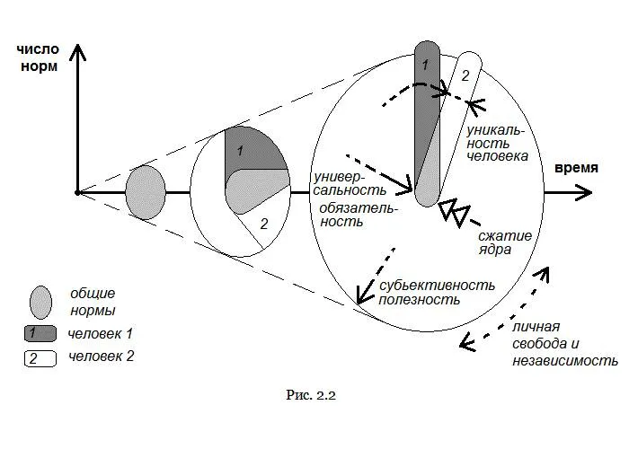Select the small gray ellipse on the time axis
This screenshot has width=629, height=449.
(x=146, y=192)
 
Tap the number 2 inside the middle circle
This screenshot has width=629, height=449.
(x=263, y=224)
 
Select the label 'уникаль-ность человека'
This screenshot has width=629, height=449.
(x=492, y=142)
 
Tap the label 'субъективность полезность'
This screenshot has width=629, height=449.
(x=437, y=292)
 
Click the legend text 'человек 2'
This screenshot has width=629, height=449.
(x=100, y=357)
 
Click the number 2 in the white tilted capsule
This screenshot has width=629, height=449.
(x=465, y=75)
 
